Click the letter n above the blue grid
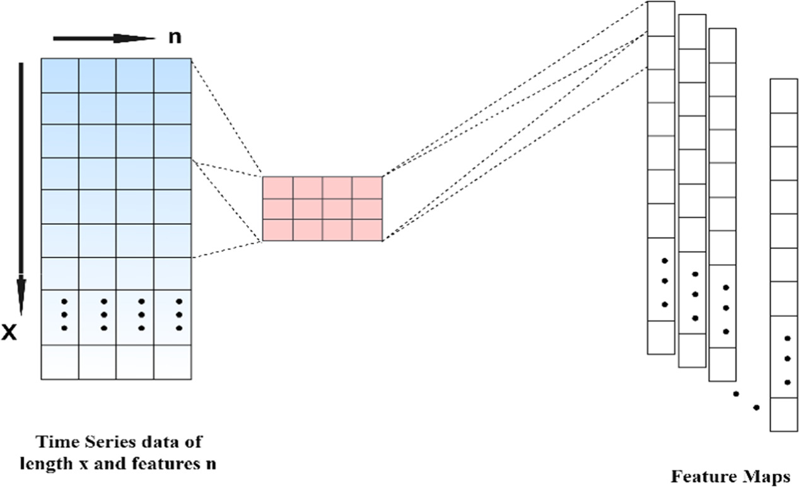(174, 37)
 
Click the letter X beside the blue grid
(9, 333)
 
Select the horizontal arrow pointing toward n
(103, 38)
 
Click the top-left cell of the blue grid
(59, 75)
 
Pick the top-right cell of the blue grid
(172, 75)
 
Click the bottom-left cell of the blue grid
(59, 362)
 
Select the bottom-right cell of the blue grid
(172, 362)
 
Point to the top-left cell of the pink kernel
(277, 187)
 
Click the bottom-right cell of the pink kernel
(367, 229)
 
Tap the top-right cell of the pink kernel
(367, 187)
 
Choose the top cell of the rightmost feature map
(784, 96)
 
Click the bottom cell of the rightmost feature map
(784, 415)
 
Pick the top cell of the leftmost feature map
(661, 19)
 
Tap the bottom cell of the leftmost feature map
(661, 337)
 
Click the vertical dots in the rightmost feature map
(787, 359)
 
